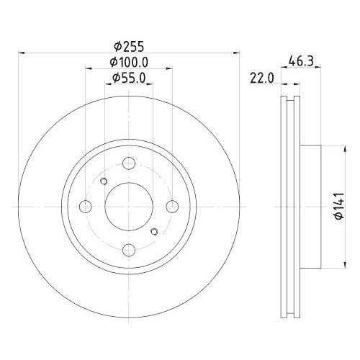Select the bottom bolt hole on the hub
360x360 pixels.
129,250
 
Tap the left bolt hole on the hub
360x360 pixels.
86,207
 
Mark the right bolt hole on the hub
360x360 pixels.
172,207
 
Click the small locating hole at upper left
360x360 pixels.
104,181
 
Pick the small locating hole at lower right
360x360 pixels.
154,232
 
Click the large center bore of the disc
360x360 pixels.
129,207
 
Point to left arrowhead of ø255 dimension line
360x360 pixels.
21,53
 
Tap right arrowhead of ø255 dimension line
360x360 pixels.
235,53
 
